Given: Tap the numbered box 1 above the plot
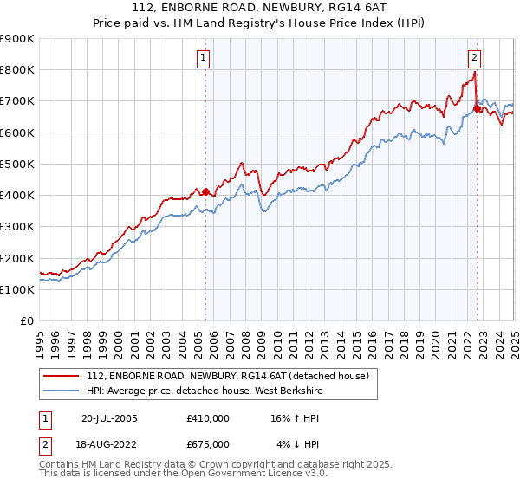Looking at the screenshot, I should pos(203,58).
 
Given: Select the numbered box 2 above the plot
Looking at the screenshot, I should pos(475,58).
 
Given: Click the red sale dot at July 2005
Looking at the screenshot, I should pos(205,191).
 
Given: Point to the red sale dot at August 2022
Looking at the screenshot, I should pos(477,109).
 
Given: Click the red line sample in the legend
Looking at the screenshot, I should pos(62,376).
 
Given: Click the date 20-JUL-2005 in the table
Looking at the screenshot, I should pos(109,417).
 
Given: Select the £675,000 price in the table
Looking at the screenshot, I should pos(208,443).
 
